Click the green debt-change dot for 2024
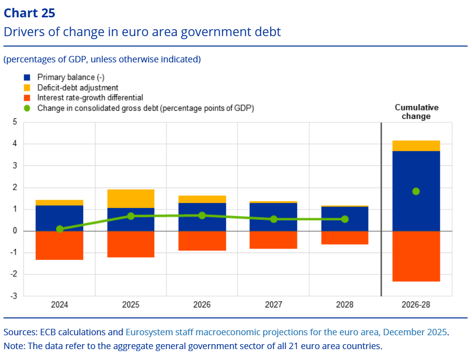(60, 229)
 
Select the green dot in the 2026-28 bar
(416, 191)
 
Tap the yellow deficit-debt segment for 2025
(131, 199)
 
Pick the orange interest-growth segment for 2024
(59, 245)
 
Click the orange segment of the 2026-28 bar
(416, 256)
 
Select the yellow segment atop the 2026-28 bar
(416, 146)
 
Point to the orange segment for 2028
(345, 238)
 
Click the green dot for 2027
(274, 219)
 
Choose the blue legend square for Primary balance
(27, 77)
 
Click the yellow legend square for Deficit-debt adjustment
(27, 88)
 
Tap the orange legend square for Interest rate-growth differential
(27, 98)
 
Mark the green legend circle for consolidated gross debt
(27, 108)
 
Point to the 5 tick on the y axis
(15, 122)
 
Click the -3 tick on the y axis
(13, 296)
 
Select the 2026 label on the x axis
(202, 305)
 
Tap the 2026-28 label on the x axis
(416, 305)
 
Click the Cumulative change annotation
(416, 112)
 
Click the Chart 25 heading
(29, 13)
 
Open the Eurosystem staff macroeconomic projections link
(286, 332)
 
